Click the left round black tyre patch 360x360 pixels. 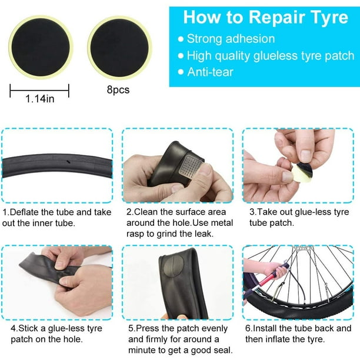41,47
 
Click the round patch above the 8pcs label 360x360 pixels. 119,48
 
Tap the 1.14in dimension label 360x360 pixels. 40,99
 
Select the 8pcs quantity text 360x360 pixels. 118,89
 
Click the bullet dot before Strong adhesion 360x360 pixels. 181,39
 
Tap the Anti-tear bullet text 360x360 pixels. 210,72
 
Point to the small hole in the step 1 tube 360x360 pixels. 68,162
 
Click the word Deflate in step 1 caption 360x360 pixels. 25,212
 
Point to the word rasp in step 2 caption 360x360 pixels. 135,234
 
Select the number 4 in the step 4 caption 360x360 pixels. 14,328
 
